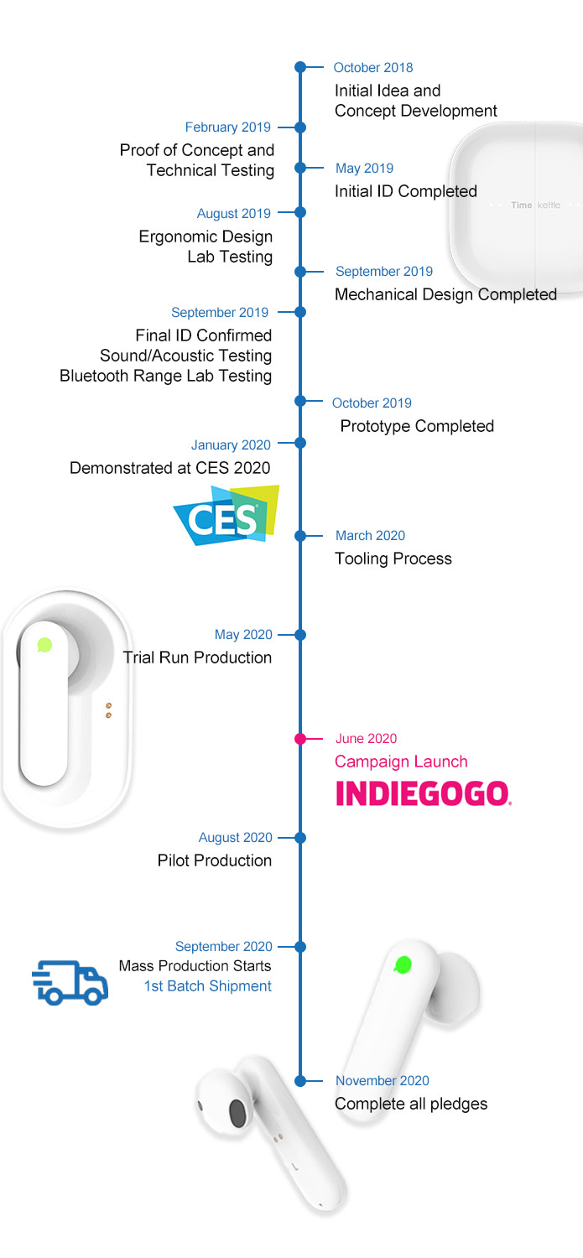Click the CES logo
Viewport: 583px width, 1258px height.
coord(226,516)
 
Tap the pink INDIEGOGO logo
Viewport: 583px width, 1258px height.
coord(424,793)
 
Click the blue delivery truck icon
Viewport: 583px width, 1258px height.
coord(70,983)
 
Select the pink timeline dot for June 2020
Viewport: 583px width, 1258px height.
coord(300,739)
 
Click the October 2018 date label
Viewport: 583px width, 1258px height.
coord(373,68)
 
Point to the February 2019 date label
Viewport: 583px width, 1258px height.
coord(228,127)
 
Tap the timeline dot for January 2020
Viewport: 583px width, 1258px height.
coord(300,443)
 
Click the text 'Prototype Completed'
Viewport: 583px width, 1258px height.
coord(417,426)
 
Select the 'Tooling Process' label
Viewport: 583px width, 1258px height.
coord(393,559)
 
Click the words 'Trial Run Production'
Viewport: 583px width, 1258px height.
coord(197,658)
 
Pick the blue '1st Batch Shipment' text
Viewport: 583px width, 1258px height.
coord(208,986)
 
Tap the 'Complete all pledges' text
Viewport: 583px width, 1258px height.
coord(411,1104)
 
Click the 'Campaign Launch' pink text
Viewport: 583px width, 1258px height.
coord(401,762)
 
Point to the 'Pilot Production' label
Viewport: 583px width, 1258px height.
coord(215,860)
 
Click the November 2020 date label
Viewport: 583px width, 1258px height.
coord(383,1081)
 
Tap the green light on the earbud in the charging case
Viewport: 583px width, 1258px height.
coord(45,645)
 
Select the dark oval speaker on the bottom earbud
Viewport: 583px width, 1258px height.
coord(237,1115)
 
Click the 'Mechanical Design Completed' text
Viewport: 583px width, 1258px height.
coord(445,294)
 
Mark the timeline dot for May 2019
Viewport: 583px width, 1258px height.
coord(300,168)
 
